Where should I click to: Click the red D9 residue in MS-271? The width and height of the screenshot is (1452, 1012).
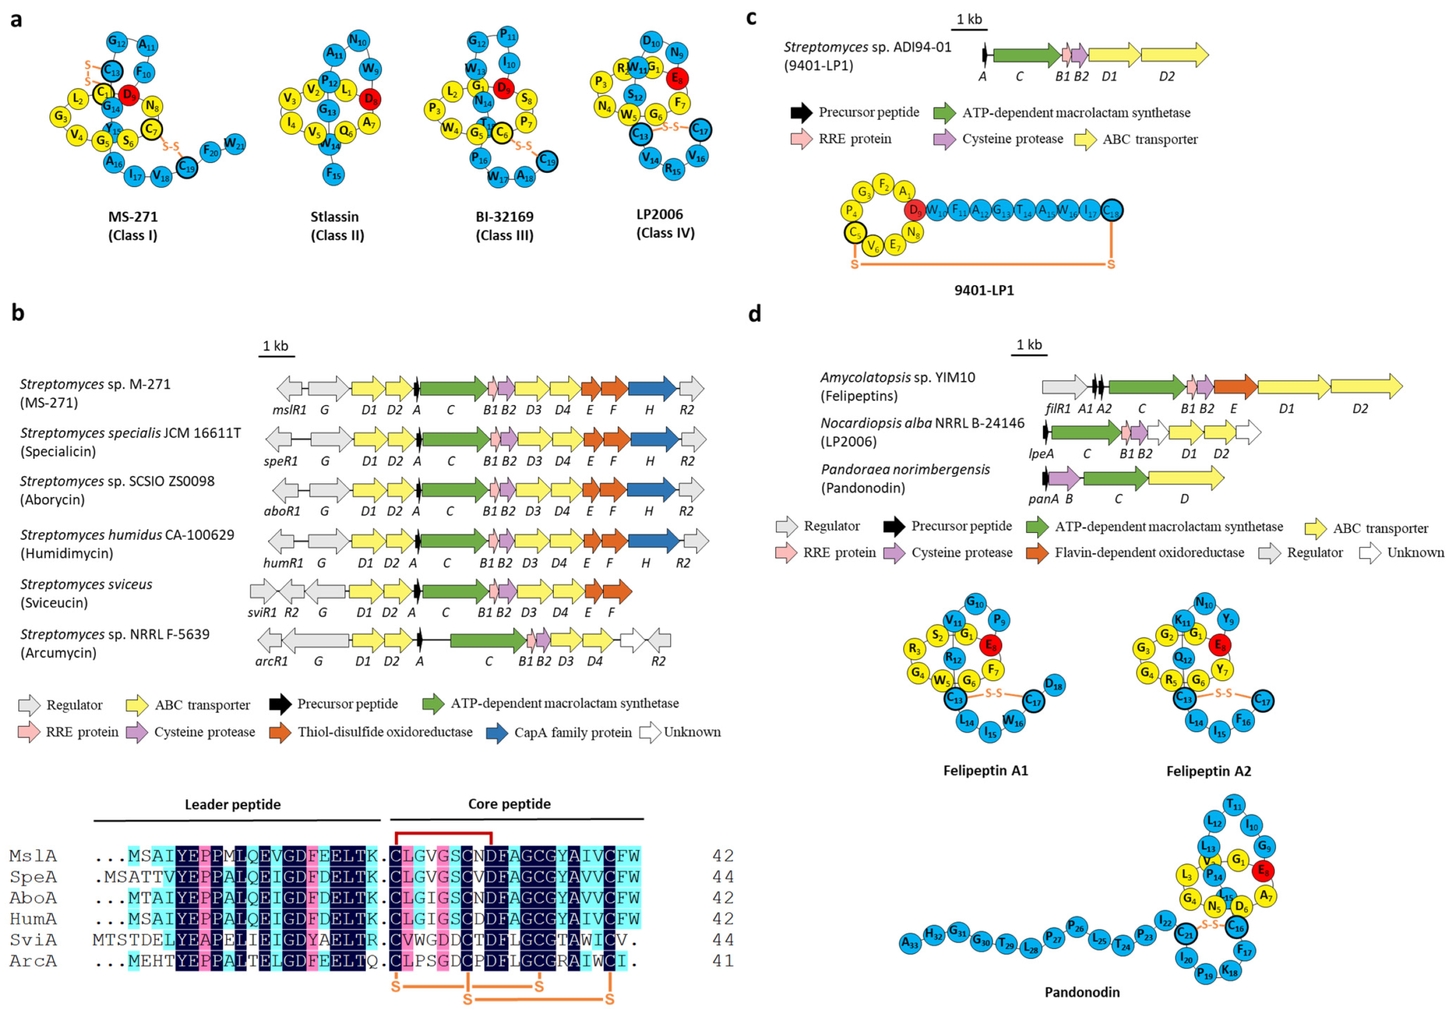point(129,95)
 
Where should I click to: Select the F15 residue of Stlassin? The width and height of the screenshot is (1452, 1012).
point(332,174)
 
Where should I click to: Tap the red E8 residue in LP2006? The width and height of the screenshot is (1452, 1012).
point(677,78)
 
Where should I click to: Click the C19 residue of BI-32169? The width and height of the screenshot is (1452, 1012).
point(547,161)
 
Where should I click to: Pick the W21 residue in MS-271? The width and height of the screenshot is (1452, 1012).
point(234,144)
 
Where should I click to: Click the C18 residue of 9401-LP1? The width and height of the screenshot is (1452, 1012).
point(1112,211)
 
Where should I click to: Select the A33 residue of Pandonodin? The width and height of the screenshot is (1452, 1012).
point(910,943)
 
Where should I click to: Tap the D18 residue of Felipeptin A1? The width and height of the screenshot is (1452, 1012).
point(1054,684)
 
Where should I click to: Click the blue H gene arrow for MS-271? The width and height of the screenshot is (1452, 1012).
point(652,388)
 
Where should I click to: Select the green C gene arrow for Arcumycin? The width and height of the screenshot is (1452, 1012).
point(488,641)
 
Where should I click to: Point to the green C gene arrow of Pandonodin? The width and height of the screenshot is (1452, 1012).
point(1115,479)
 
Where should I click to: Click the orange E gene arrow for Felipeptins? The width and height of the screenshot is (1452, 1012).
point(1235,387)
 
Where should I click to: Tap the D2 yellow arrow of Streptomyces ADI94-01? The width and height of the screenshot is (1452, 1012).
point(1175,56)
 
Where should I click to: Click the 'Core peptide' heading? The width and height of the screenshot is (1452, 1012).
point(509,803)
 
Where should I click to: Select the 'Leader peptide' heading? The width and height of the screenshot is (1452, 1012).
point(233,804)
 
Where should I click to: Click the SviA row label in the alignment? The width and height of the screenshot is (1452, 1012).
point(33,940)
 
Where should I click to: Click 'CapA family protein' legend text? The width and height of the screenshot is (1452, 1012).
point(572,732)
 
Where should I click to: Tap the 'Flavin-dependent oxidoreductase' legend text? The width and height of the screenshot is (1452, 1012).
point(1149,553)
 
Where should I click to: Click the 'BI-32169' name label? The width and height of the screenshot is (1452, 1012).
point(505,217)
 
